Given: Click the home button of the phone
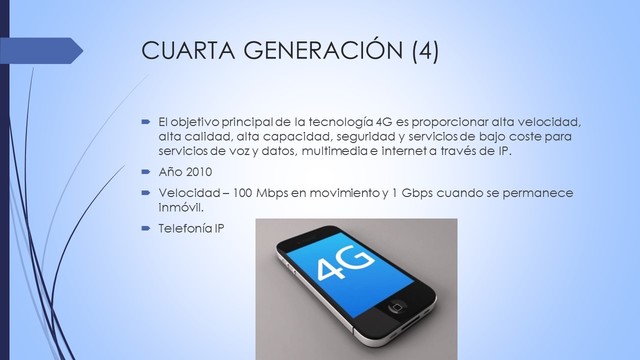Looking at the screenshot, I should click(399, 304).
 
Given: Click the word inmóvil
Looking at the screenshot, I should click(180, 209).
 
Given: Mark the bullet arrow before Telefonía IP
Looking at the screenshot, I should click(145, 228).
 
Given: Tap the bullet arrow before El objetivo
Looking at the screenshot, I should click(145, 122).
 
